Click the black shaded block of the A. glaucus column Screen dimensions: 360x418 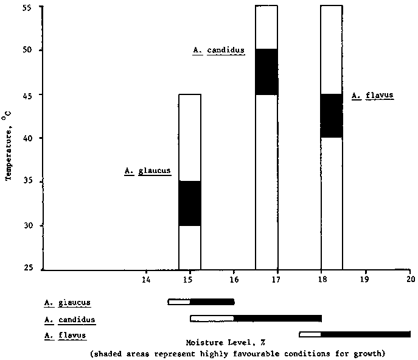coord(189,203)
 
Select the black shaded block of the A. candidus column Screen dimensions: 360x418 coord(266,71)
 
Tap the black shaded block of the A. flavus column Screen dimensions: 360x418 coord(332,116)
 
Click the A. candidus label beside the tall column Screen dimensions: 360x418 coord(218,51)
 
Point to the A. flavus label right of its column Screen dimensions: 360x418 coord(373,96)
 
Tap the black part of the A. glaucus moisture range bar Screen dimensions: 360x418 coord(212,302)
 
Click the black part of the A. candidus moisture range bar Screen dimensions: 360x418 coord(277,318)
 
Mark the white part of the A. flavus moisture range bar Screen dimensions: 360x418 coord(310,334)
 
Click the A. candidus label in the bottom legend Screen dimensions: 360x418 coord(69,319)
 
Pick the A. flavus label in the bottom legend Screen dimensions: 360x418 coord(64,335)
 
